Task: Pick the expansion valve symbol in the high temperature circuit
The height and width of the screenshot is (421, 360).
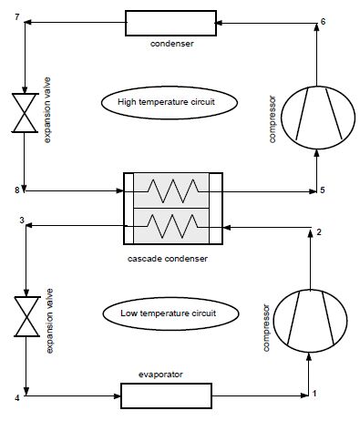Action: (25, 113)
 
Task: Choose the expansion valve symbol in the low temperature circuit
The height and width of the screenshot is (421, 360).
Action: (27, 316)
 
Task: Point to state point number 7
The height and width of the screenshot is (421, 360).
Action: (17, 17)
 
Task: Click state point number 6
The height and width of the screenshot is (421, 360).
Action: (323, 22)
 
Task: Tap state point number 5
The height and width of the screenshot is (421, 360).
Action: (323, 190)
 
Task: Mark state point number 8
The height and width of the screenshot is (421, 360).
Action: (17, 190)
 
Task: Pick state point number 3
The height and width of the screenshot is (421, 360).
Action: (22, 220)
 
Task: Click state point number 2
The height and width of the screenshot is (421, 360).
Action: (319, 232)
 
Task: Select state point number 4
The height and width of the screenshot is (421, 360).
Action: (17, 397)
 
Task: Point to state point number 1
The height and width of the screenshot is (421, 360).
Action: (314, 394)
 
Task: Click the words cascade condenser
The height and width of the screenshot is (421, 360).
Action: (168, 259)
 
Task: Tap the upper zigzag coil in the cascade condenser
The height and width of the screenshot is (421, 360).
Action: (173, 190)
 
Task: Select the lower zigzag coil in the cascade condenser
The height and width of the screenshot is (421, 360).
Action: (173, 226)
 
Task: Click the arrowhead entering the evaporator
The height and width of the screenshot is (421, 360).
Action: (118, 395)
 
